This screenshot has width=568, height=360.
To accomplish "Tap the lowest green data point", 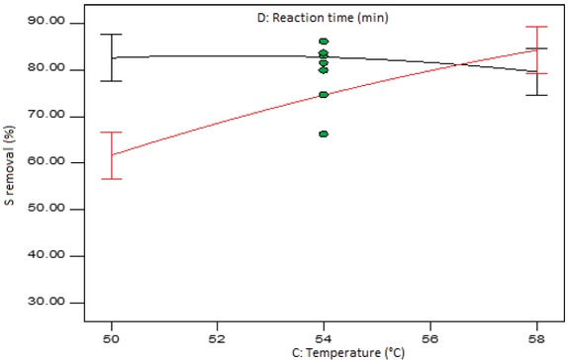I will pos(324,134).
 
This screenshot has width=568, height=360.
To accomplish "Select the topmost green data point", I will pos(324,42).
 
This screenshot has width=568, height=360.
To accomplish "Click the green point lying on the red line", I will pos(324,95).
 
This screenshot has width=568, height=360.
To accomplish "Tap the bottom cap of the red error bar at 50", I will pos(112,179).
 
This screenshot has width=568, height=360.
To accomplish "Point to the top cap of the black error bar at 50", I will pos(112,35).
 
